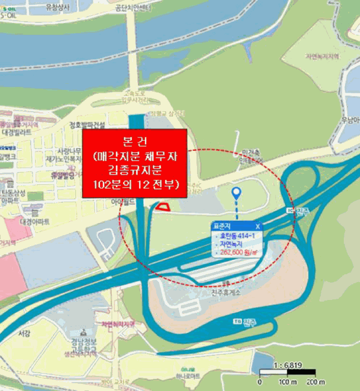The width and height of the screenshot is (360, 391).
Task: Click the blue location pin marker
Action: pos(237,194)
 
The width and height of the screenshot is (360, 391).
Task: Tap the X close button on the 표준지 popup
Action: pos(257,226)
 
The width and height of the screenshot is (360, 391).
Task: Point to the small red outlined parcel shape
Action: pos(162,207)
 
